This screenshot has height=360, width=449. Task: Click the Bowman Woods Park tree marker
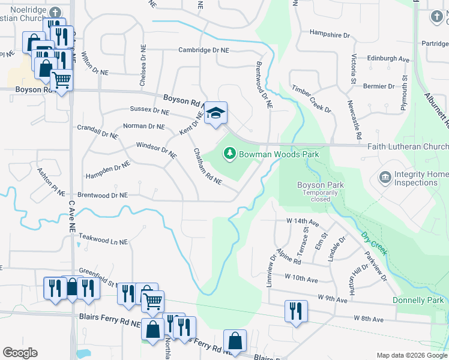[x=229, y=154]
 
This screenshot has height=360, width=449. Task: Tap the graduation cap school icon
[x=215, y=113]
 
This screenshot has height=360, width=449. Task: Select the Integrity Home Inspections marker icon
[x=385, y=178]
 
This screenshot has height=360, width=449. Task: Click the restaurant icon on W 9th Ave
[x=296, y=311]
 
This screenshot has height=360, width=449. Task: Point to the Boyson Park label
[x=321, y=185]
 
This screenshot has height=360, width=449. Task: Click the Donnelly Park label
[x=418, y=300]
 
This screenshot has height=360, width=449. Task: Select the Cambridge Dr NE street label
[x=205, y=50]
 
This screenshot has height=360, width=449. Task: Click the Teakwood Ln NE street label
[x=103, y=241]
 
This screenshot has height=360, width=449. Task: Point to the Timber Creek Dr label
[x=312, y=98]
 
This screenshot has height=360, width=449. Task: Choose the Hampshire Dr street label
[x=330, y=34]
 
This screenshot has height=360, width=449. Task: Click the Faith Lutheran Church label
[x=407, y=147]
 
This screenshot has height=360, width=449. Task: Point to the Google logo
[x=20, y=353]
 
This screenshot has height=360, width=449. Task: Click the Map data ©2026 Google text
[x=411, y=355]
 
